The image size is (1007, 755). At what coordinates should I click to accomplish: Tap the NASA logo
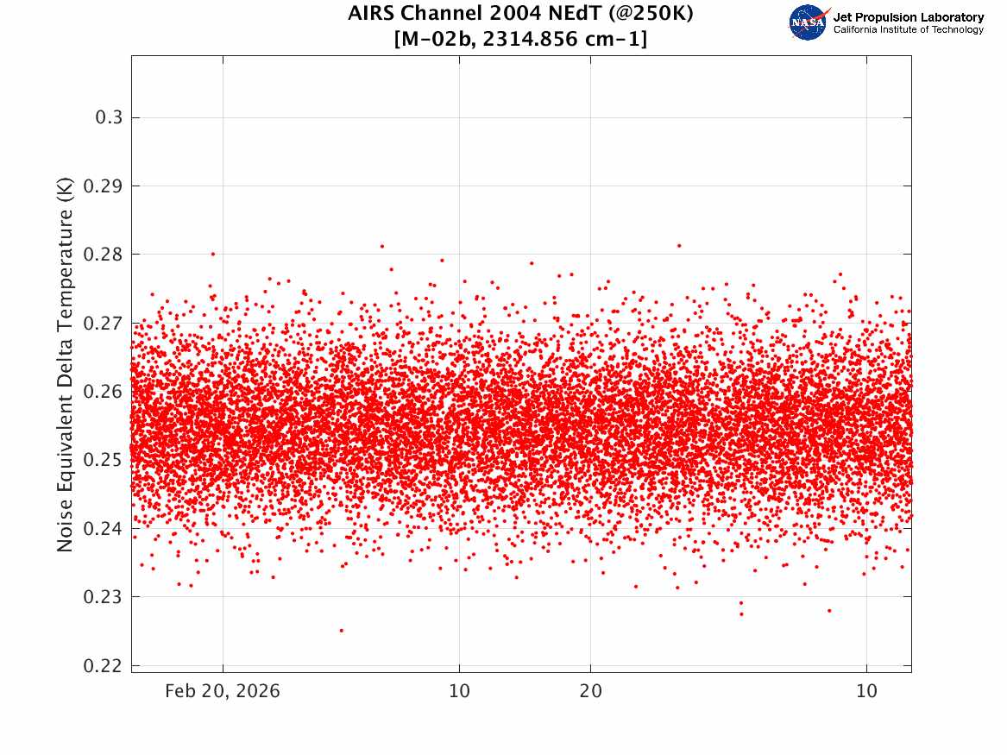pos(809,22)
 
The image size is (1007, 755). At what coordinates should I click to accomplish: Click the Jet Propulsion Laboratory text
pos(908,17)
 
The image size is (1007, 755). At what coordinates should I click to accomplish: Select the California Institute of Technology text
pos(908,30)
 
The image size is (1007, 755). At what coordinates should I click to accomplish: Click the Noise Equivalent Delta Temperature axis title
pos(66,364)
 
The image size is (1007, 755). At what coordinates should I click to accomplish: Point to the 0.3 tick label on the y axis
pos(110,117)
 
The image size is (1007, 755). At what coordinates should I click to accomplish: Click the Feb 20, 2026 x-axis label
pos(223,691)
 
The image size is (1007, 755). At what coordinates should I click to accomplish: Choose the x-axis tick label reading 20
pos(590,691)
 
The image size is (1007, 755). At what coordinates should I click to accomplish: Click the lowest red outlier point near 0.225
pos(341,630)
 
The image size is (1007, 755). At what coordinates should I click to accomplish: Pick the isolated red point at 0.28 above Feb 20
pos(213,254)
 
